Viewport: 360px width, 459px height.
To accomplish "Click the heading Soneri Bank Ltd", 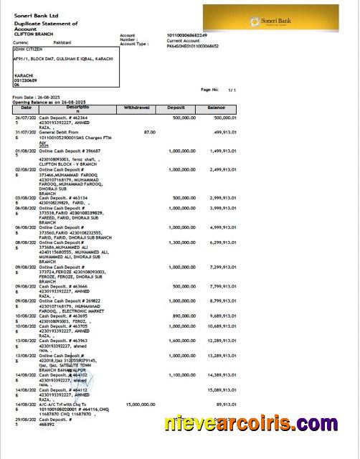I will (37, 16).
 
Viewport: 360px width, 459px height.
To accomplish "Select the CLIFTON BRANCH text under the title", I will (35, 34).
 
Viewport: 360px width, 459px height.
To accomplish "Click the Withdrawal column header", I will (137, 107).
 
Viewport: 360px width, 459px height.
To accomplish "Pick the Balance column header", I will (216, 107).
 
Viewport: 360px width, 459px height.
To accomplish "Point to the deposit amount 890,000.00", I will (181, 315).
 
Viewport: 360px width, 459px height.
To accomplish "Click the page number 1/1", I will (232, 90).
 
